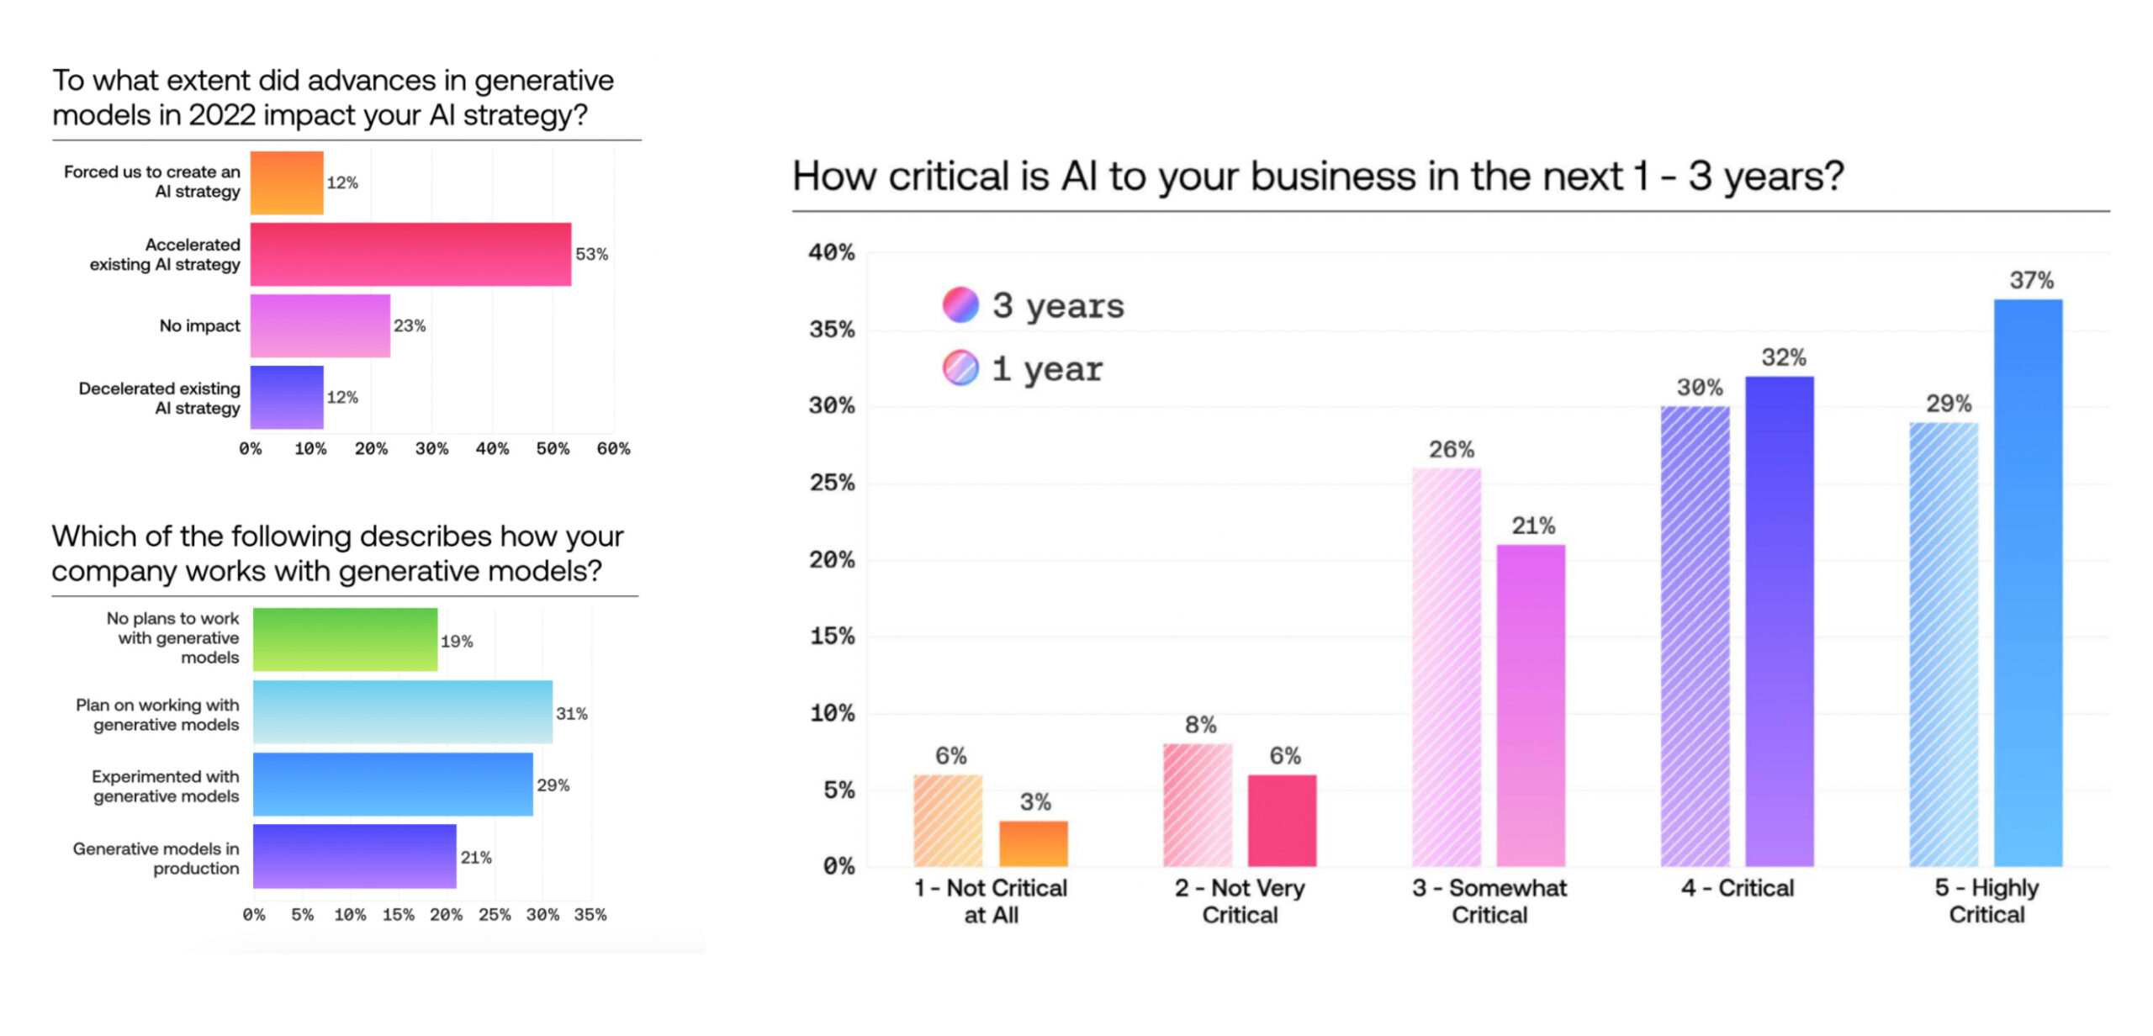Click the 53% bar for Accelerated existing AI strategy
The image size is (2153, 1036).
coord(410,254)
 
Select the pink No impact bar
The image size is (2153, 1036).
coord(320,325)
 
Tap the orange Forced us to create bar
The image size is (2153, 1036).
coord(287,182)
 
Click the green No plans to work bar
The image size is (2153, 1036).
coord(345,639)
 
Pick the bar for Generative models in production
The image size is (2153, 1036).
coord(354,856)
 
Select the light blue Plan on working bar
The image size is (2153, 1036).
coord(402,711)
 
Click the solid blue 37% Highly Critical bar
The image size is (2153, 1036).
coord(2028,582)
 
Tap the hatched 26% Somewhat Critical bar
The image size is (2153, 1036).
coord(1446,666)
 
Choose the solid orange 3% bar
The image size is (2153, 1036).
coord(1033,843)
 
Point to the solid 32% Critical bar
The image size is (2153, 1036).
coord(1779,621)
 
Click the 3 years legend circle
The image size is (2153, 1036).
coord(960,304)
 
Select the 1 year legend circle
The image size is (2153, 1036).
coord(960,367)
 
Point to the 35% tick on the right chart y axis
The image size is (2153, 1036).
coord(832,329)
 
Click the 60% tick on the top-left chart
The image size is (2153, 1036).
coord(613,448)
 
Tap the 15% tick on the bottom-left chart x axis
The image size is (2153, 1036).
coord(398,914)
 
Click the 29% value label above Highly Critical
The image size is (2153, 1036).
coord(1949,404)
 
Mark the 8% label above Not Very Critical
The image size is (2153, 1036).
coord(1200,725)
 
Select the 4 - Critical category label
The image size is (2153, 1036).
coord(1737,888)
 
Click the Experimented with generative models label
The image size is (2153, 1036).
coord(166,785)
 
